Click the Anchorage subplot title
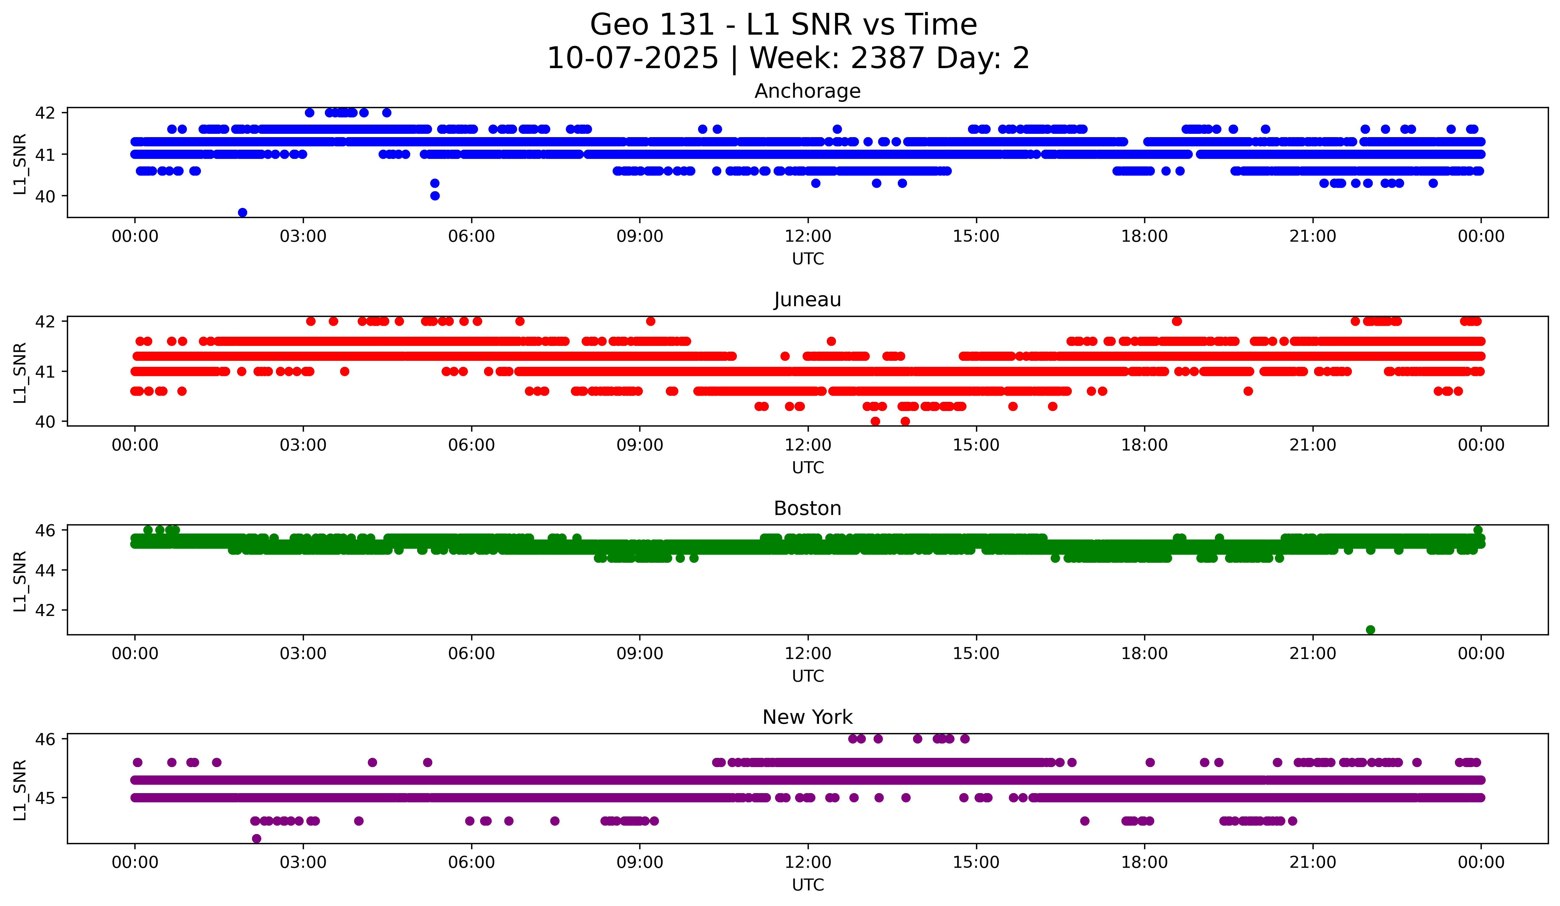[807, 91]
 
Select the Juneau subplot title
[807, 300]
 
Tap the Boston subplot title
[807, 508]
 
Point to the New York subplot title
[807, 717]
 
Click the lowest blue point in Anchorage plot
[243, 212]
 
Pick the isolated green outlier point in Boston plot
[1371, 630]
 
